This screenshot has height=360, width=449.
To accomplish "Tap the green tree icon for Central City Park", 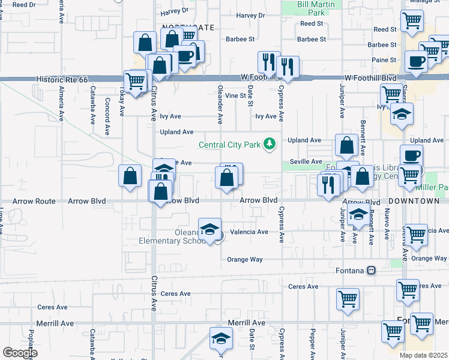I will pyautogui.click(x=270, y=143).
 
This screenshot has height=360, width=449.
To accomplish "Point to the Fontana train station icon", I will pyautogui.click(x=372, y=270).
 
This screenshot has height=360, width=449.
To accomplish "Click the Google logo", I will pyautogui.click(x=19, y=352).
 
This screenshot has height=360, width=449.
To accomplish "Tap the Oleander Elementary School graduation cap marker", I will pyautogui.click(x=210, y=230).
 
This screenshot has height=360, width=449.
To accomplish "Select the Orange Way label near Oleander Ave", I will pyautogui.click(x=245, y=259).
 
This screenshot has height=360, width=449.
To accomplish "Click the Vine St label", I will pyautogui.click(x=236, y=95).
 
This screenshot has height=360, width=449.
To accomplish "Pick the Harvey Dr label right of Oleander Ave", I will pyautogui.click(x=250, y=16).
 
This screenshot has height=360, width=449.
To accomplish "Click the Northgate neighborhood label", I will pyautogui.click(x=187, y=28).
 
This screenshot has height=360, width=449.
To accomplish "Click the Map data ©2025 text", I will pyautogui.click(x=423, y=355).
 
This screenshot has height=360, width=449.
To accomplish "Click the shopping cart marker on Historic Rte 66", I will pyautogui.click(x=135, y=80).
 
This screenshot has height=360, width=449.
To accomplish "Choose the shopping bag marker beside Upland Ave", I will pyautogui.click(x=346, y=145).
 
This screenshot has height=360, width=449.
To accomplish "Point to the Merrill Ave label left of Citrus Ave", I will pyautogui.click(x=55, y=323).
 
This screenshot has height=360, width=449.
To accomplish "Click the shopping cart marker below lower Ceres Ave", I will pyautogui.click(x=348, y=299).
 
